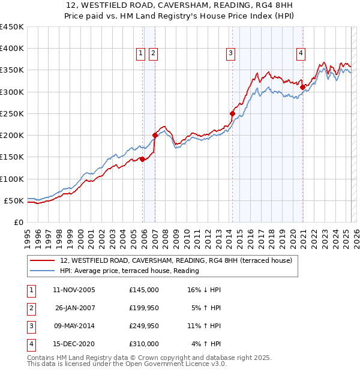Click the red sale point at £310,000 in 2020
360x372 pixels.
point(302,87)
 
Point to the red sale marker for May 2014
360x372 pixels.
point(232,113)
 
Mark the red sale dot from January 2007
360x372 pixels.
point(155,135)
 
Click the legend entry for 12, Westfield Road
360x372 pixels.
point(176,260)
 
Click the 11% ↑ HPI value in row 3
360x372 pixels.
point(204,326)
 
